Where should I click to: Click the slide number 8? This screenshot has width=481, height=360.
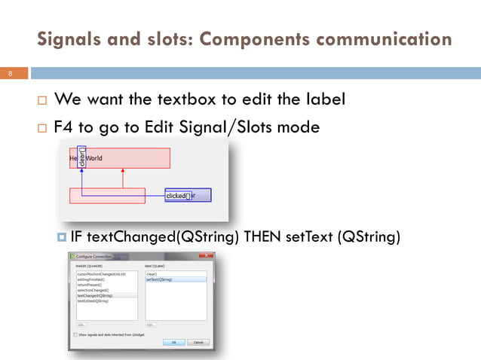(11, 74)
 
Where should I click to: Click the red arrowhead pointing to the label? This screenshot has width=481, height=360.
(122, 172)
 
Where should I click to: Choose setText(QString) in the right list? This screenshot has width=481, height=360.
(159, 279)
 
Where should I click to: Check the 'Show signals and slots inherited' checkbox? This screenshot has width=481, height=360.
(76, 334)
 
